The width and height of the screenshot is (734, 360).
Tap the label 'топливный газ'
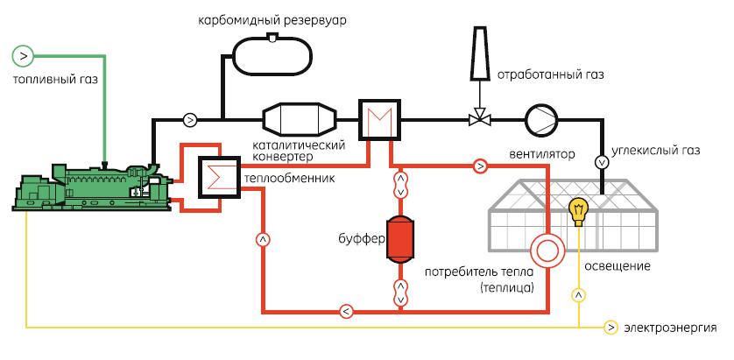pyautogui.click(x=55, y=80)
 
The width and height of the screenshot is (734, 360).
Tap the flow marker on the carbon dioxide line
pyautogui.click(x=602, y=161)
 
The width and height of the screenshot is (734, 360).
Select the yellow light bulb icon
pyautogui.click(x=577, y=210)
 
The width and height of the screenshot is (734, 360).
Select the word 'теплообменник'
pyautogui.click(x=279, y=178)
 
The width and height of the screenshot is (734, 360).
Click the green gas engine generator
pyautogui.click(x=88, y=186)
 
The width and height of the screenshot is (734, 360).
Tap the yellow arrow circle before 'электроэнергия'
pyautogui.click(x=611, y=328)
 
